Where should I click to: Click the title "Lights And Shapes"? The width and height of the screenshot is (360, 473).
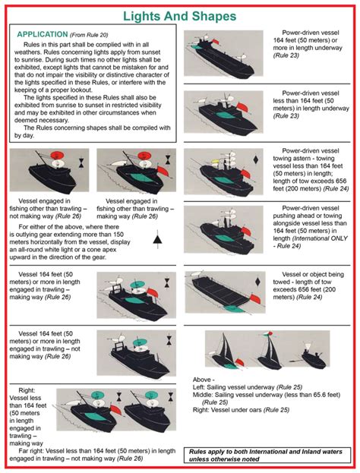(179, 16)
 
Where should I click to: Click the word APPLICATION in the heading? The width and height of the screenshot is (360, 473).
(45, 35)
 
